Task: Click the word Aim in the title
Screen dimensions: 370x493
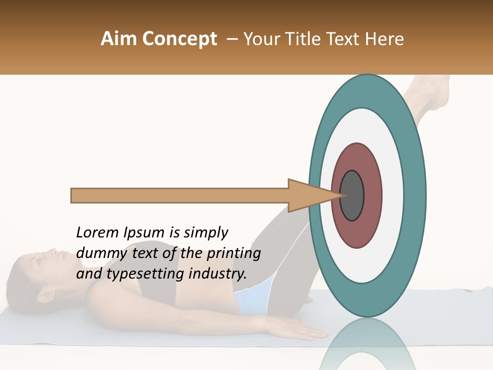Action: tap(119, 39)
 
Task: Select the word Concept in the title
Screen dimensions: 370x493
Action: tap(179, 40)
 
